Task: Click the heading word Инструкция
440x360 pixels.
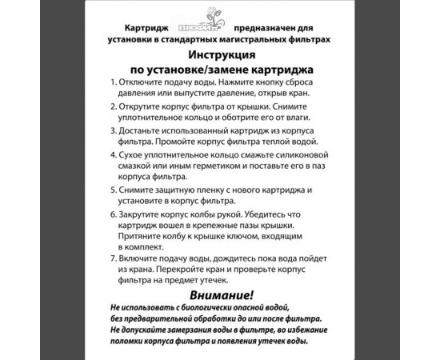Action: pyautogui.click(x=222, y=54)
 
